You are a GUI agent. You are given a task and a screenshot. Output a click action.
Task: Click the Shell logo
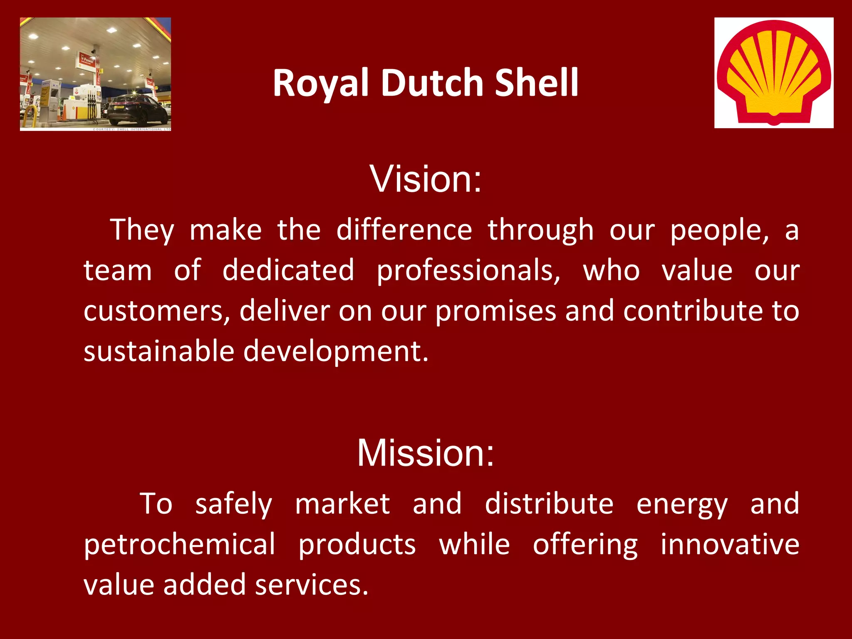[x=774, y=73]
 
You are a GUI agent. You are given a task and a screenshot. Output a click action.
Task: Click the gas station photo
[x=95, y=74]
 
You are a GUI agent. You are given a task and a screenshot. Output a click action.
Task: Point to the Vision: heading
[x=426, y=179]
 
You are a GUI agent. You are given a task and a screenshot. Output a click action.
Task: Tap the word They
[x=142, y=230]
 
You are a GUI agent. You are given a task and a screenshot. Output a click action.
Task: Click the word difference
[x=404, y=230]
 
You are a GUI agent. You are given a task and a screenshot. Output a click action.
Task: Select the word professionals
[x=468, y=271]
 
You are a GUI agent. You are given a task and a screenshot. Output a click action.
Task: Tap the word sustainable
[x=159, y=351]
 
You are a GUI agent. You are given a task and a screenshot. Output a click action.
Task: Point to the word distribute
[x=549, y=503]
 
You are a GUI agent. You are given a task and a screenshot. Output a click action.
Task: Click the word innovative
[x=730, y=544]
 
